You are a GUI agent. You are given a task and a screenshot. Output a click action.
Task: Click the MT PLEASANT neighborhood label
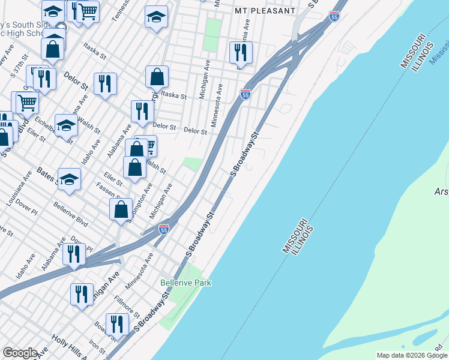tap(265, 11)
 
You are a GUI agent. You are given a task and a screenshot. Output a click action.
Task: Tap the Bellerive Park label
tap(186, 283)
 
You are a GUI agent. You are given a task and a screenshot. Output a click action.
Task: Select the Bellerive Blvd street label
tap(71, 214)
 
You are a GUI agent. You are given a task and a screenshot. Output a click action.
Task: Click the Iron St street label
tap(97, 347)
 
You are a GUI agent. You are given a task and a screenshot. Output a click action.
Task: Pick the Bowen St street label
tap(100, 328)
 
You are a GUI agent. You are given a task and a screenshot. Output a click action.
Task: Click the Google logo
tap(20, 353)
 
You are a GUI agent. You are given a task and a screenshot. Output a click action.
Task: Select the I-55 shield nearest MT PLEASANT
tap(335, 17)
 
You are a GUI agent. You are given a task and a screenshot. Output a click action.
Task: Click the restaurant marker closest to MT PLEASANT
tap(240, 53)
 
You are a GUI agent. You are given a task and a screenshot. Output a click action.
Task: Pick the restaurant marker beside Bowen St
tap(117, 324)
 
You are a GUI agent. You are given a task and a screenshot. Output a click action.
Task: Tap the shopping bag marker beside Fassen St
tap(121, 210)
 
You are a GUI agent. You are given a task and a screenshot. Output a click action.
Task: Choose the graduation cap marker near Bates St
tap(69, 179)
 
